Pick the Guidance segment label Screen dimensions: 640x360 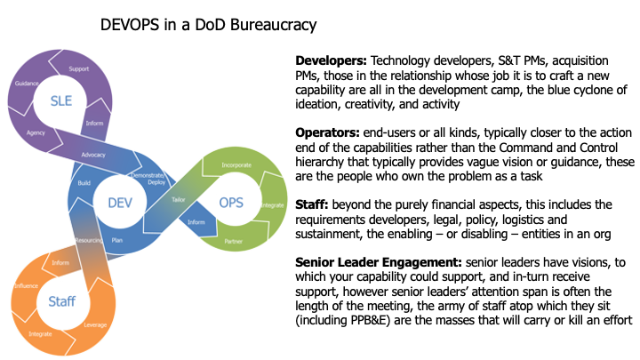coord(27,83)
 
